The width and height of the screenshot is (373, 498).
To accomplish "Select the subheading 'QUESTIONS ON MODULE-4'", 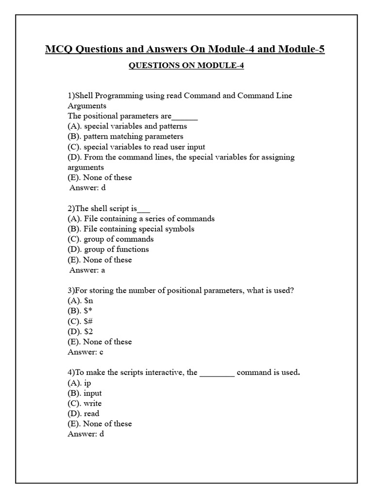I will (186, 66).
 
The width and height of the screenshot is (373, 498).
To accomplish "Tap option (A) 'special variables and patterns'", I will (127, 126).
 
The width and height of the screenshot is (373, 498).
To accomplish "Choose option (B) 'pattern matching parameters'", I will (125, 137).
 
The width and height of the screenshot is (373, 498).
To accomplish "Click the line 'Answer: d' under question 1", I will (87, 188).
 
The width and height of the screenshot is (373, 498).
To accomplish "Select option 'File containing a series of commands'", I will (141, 219).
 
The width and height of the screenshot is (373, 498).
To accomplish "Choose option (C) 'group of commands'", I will (111, 239).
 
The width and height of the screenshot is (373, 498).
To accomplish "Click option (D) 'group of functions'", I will (108, 249).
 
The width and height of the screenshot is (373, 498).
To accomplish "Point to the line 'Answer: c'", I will (85, 352).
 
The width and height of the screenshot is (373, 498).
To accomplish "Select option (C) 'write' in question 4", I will (85, 404).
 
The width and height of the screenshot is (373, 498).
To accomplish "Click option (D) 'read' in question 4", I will (84, 414).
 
